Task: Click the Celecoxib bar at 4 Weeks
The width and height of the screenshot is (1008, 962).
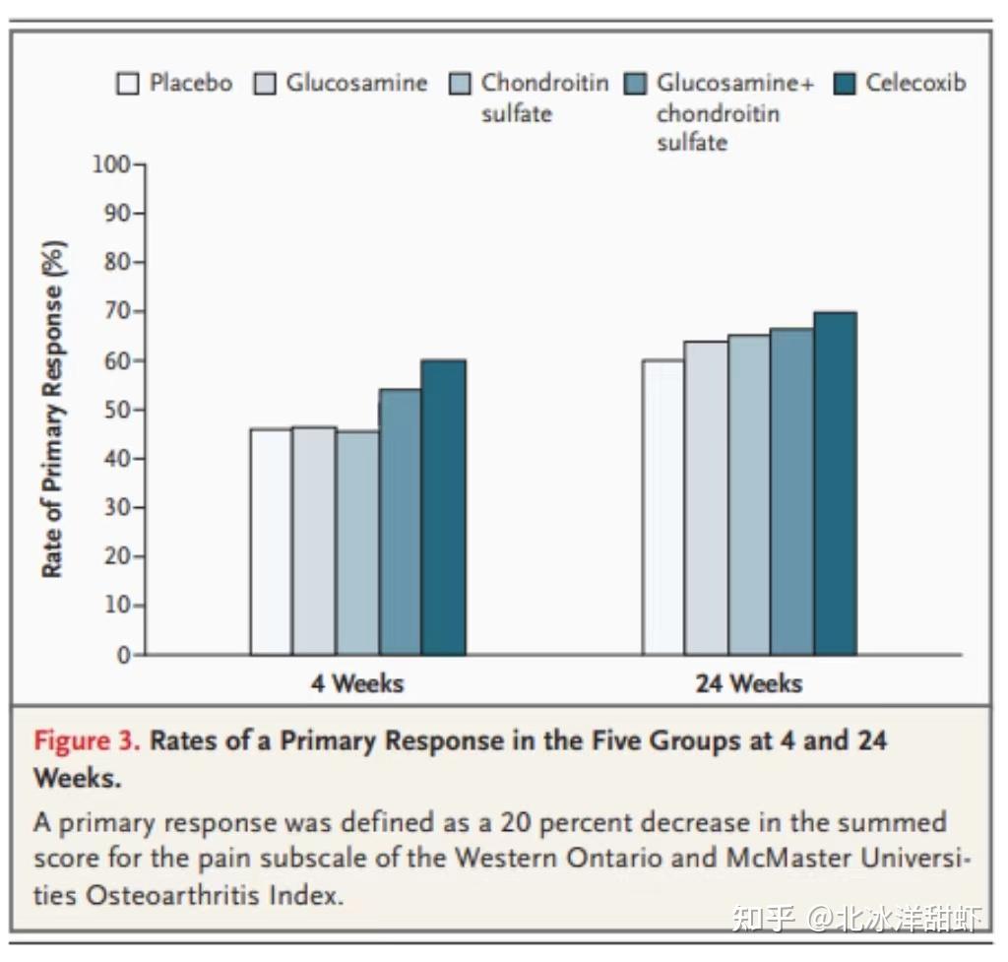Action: coord(443,507)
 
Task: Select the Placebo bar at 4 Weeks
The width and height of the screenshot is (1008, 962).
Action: coord(271,542)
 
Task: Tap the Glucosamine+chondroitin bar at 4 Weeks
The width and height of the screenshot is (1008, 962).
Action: coord(401,522)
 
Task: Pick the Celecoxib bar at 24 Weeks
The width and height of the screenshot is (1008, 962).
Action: coord(835,482)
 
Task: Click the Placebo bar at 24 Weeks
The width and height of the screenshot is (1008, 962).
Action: coord(662,507)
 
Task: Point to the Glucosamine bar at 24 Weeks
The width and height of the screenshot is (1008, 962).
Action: coord(706,497)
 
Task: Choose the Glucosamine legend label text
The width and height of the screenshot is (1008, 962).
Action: coord(356,83)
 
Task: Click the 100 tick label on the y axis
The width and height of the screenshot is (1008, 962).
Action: coord(111,163)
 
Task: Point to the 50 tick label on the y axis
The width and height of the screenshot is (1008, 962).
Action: coord(117,410)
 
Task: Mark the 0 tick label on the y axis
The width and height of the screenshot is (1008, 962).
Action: coord(124,655)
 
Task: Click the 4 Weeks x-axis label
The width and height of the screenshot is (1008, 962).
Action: coord(356,683)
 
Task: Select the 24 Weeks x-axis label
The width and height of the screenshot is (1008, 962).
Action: coord(748,683)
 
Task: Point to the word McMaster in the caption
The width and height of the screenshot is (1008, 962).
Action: coord(787,857)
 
